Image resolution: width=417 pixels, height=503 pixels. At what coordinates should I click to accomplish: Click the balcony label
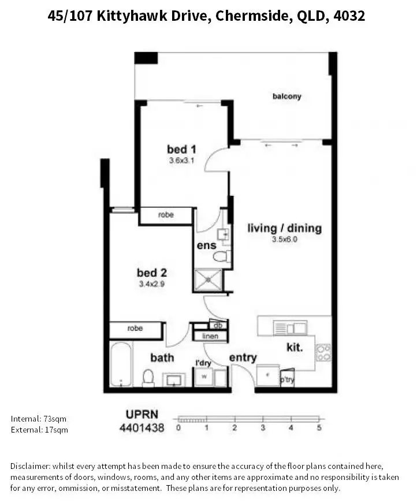[286, 96]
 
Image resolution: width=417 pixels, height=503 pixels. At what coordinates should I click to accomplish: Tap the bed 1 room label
[181, 150]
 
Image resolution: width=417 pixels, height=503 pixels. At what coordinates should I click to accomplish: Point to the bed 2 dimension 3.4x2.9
[152, 284]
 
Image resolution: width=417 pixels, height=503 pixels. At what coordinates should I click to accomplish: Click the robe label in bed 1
[166, 215]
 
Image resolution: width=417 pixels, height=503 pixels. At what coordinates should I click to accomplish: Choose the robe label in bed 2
[135, 328]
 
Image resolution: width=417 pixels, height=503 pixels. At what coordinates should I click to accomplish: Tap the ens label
[206, 245]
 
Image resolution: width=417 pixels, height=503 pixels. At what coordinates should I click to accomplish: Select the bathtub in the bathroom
[121, 364]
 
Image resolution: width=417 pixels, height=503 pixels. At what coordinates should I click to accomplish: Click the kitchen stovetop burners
[323, 352]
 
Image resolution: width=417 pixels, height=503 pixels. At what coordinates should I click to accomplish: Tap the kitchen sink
[289, 328]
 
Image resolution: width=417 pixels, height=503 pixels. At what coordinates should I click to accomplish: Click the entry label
[243, 358]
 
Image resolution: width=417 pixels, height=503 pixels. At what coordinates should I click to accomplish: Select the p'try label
[286, 380]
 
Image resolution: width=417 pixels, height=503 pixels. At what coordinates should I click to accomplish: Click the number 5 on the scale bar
[319, 428]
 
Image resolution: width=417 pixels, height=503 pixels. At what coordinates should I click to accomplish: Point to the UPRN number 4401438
[142, 428]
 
